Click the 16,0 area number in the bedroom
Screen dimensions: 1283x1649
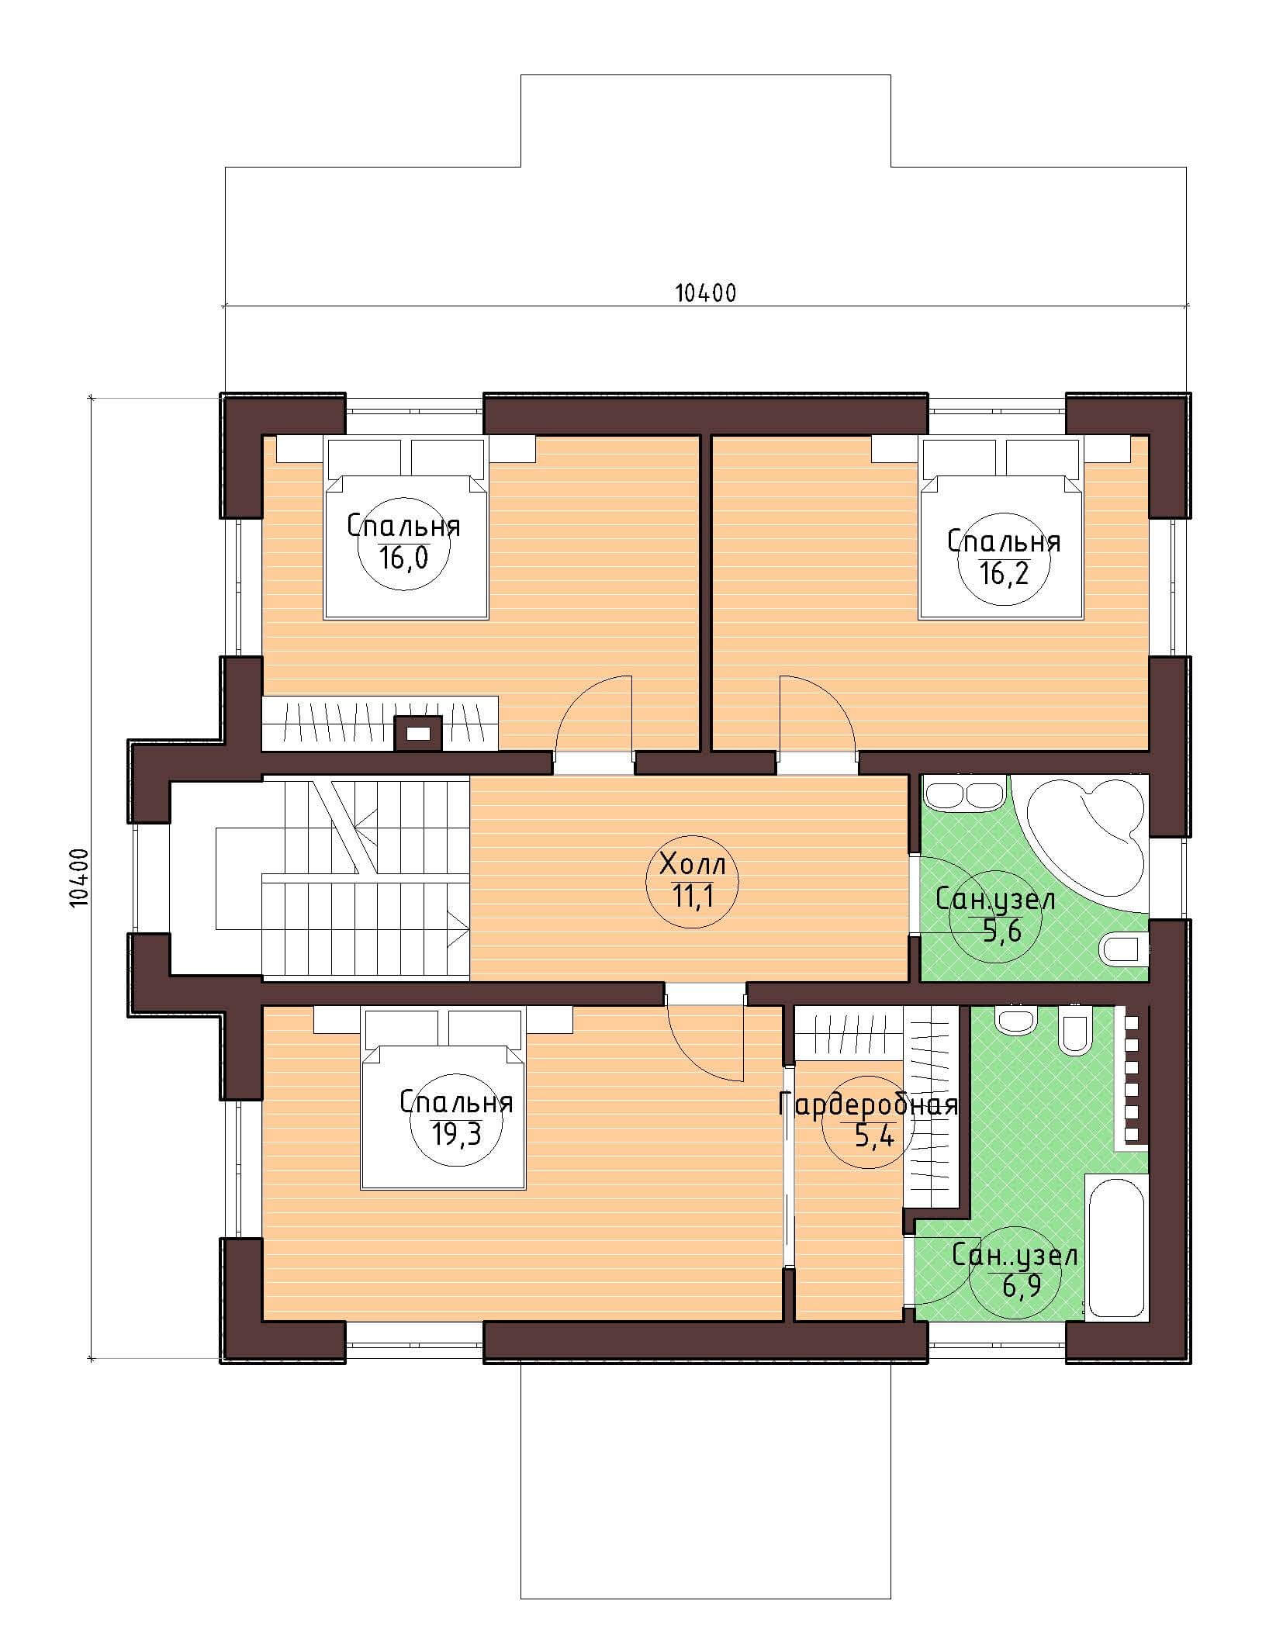pyautogui.click(x=403, y=558)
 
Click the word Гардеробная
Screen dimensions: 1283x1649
pyautogui.click(x=868, y=1105)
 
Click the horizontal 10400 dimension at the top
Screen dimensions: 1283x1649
pyautogui.click(x=704, y=292)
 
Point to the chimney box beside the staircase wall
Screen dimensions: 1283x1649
pyautogui.click(x=419, y=733)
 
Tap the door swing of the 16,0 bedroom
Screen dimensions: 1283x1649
pyautogui.click(x=593, y=714)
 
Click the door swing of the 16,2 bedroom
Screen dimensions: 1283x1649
pyautogui.click(x=818, y=714)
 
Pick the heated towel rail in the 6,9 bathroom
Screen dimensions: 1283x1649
pyautogui.click(x=1131, y=1077)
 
